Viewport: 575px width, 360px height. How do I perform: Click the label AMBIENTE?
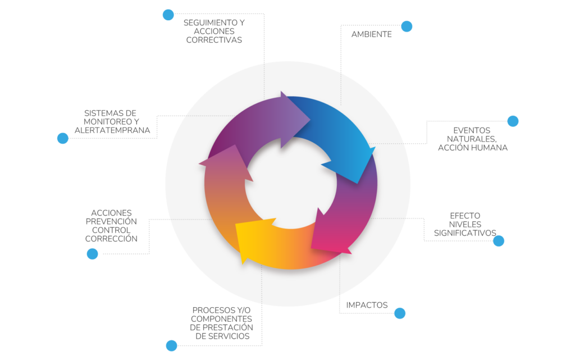[x=372, y=34]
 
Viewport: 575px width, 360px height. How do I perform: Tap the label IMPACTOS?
[x=367, y=305]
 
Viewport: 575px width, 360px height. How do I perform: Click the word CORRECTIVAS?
[x=214, y=40]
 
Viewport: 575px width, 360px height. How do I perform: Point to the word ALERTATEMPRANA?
[x=112, y=130]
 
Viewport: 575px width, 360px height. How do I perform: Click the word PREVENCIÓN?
[x=111, y=221]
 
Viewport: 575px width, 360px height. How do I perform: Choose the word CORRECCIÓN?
[x=111, y=239]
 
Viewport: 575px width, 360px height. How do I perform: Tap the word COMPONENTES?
[x=221, y=319]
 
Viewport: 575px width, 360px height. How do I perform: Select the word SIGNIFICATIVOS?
[x=465, y=233]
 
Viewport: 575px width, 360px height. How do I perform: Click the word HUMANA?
[x=490, y=148]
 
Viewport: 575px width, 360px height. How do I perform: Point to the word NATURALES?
[x=472, y=139]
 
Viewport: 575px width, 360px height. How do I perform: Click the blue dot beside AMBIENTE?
[x=407, y=26]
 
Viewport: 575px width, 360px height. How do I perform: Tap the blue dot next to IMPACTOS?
[x=400, y=313]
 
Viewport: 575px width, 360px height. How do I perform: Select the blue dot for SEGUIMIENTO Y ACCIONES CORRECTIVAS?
[x=168, y=15]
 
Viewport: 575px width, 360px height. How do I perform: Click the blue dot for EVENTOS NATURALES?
[x=513, y=121]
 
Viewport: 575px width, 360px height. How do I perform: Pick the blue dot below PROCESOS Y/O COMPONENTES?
[x=171, y=346]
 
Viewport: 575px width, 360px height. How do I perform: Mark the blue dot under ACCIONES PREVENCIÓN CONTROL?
[x=93, y=254]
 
